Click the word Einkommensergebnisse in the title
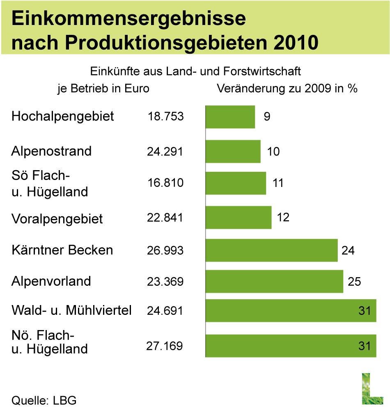(128, 19)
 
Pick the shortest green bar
(230, 117)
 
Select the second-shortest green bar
(233, 151)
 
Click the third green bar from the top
(236, 183)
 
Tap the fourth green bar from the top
(239, 217)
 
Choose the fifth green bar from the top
(271, 250)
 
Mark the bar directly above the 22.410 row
(274, 282)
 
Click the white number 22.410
(108, 307)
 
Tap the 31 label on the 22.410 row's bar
(365, 311)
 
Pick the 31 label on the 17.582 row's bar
(365, 346)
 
